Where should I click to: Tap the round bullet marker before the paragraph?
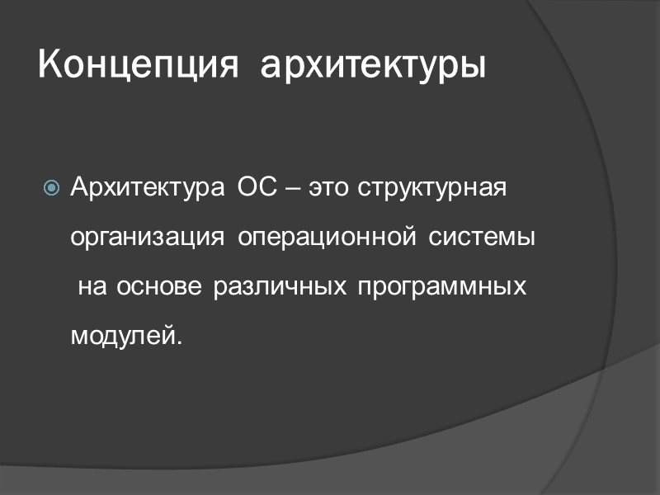51,189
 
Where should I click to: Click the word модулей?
121,337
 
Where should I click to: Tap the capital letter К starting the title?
50,64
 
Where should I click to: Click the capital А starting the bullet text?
80,187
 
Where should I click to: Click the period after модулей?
176,342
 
